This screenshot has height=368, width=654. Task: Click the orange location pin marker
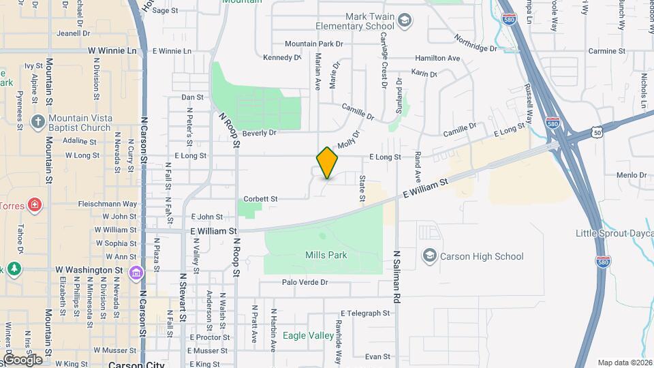pos(328,162)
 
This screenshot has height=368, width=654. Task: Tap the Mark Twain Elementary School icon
pos(405,20)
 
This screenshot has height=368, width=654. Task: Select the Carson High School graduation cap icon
pos(429,256)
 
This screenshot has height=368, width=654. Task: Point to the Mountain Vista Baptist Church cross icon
pos(38,123)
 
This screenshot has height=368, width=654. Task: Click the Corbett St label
pos(261,199)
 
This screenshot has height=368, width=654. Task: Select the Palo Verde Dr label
pos(305,282)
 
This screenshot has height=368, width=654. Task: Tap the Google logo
pos(22,359)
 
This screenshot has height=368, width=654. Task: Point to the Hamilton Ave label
pos(437,59)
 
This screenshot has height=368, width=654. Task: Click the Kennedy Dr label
pos(281,58)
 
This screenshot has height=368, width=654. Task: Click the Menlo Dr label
pos(631,175)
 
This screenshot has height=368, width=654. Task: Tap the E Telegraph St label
pos(365,313)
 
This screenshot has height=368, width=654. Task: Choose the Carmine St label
pos(606,51)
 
